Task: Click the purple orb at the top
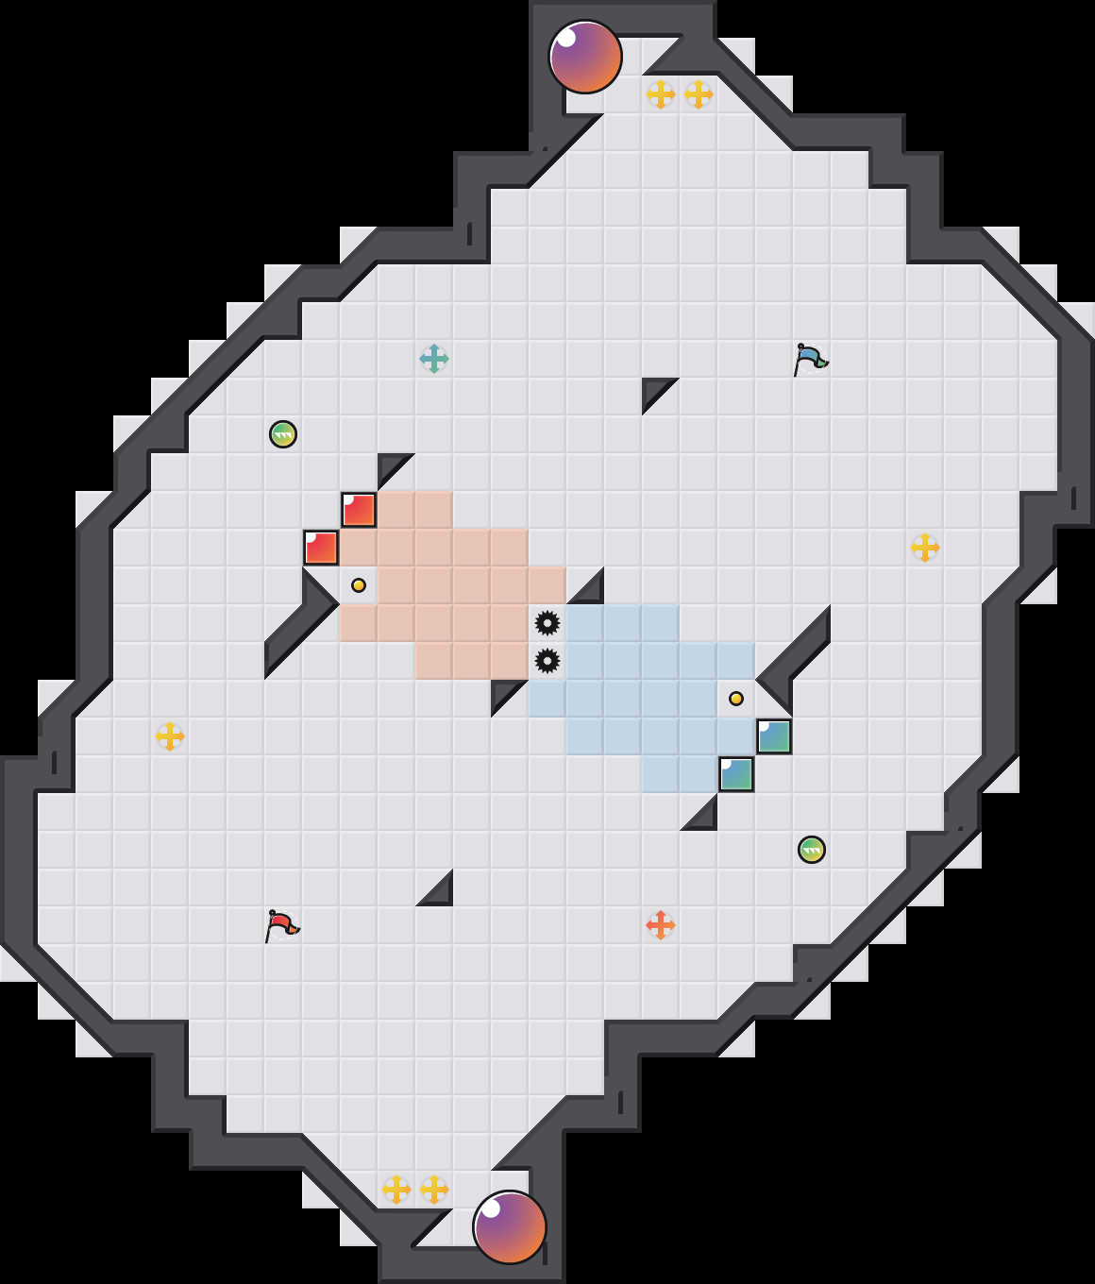point(585,57)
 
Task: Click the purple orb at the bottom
point(510,1227)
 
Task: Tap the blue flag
point(810,359)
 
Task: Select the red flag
point(281,925)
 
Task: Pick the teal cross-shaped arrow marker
point(434,359)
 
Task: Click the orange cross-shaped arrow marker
point(661,925)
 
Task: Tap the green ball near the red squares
point(283,434)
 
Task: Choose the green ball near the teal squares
point(812,850)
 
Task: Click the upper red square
point(359,510)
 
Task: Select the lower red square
point(321,548)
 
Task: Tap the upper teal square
point(774,736)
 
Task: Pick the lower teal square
point(736,774)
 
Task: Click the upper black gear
point(547,623)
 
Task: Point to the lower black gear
point(547,661)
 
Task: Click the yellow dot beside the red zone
point(359,585)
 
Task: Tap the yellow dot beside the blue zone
point(736,699)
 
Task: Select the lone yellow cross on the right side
point(925,548)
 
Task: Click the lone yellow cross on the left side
point(170,736)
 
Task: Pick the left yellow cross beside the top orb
point(661,94)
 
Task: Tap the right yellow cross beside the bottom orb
point(434,1190)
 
